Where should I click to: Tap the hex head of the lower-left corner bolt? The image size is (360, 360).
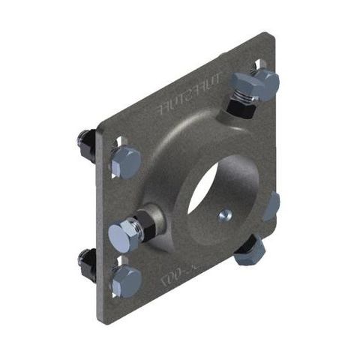point(125,281)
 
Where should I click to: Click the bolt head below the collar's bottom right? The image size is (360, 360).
point(250,251)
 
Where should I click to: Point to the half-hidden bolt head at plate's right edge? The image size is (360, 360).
point(272,205)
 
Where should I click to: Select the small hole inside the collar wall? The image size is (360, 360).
point(223,216)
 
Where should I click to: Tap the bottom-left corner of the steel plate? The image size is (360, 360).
point(98,323)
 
